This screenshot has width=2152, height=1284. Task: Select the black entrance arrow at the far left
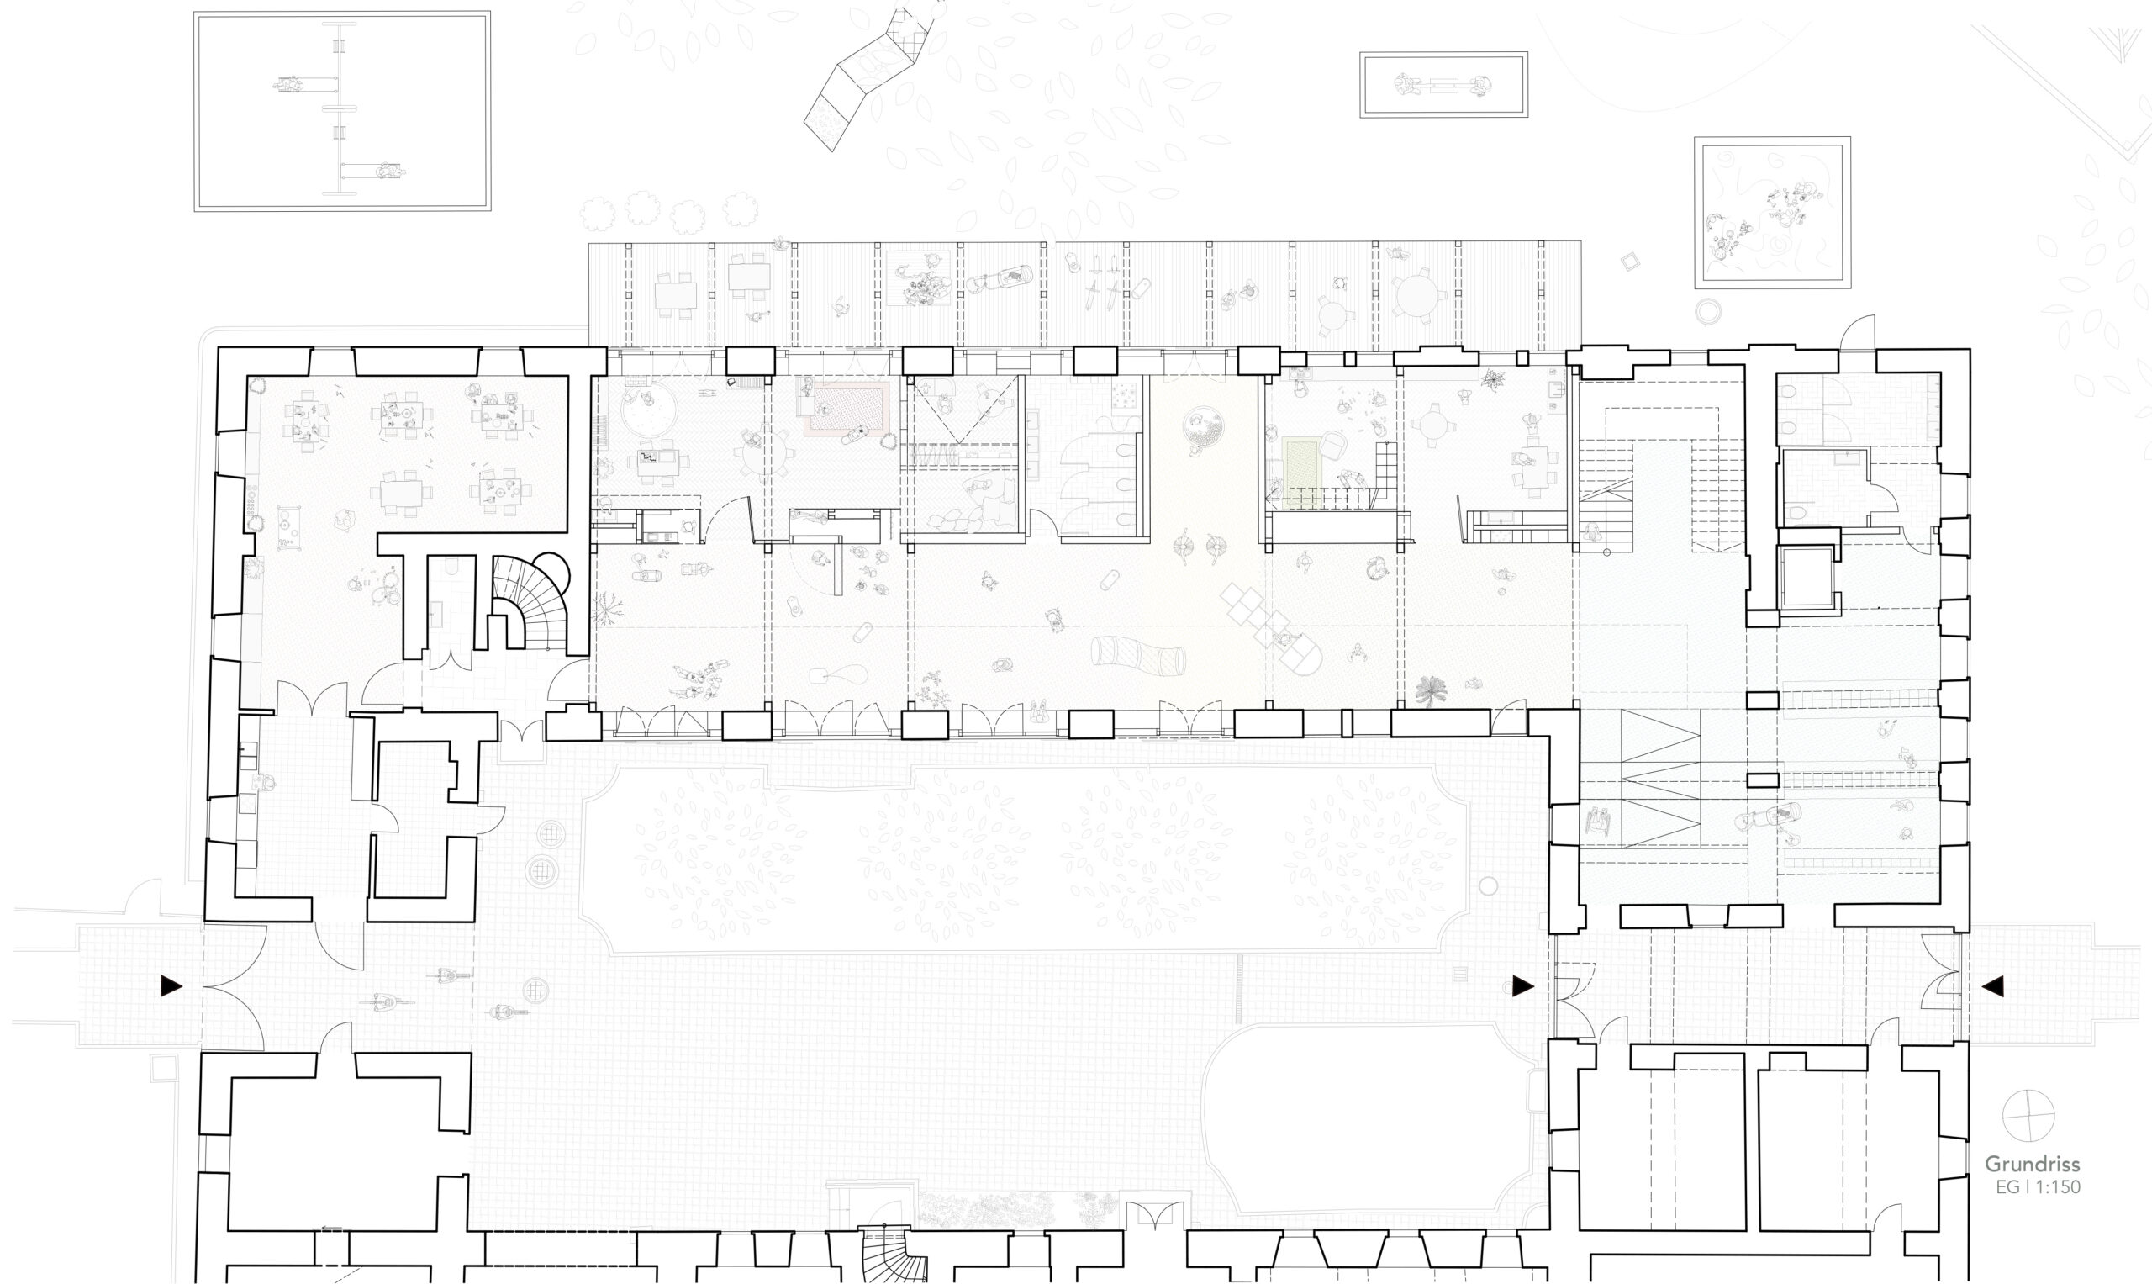click(172, 985)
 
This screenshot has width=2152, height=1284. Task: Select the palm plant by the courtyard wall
click(1432, 690)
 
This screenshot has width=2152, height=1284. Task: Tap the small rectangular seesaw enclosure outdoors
click(1443, 84)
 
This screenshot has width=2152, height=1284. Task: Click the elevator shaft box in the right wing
click(1807, 577)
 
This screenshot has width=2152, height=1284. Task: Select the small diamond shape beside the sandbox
click(1631, 262)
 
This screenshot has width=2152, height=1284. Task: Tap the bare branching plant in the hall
click(609, 609)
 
